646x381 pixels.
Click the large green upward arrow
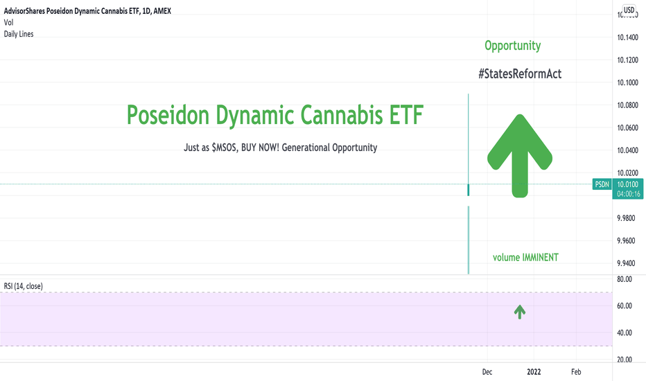520,156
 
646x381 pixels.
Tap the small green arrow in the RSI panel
520,312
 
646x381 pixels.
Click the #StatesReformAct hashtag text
520,73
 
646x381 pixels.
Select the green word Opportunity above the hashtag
512,46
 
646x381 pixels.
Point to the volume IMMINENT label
525,258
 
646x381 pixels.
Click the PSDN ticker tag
602,184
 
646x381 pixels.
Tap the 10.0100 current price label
627,184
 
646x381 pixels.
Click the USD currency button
629,10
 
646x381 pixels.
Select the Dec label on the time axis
487,372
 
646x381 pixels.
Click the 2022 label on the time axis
534,372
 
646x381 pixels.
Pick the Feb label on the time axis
576,372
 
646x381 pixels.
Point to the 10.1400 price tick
627,37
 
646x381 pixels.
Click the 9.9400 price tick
626,263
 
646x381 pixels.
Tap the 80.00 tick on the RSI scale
625,279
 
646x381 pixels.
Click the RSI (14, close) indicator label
23,286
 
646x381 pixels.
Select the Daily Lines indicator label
19,34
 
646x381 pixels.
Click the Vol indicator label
8,22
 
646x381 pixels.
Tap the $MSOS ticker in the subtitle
224,148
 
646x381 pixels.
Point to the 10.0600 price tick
627,127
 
